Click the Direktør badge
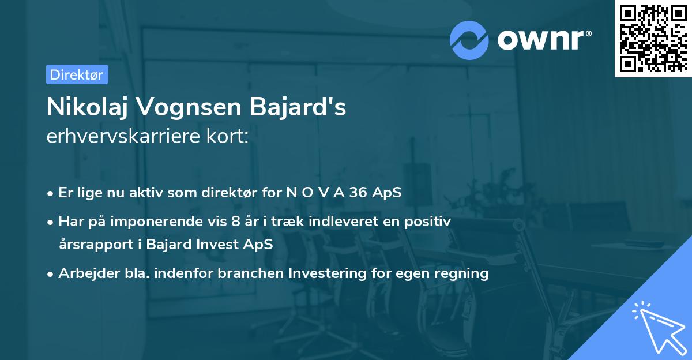[x=77, y=74]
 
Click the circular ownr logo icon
[x=469, y=40]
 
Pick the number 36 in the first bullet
[x=359, y=193]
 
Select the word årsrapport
[x=92, y=244]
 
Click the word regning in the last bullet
[x=461, y=273]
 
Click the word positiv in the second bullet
[x=430, y=220]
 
